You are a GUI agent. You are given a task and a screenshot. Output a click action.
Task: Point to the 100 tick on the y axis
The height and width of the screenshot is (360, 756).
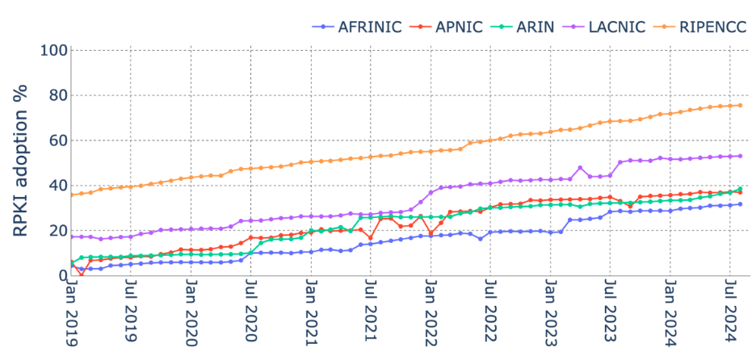[52, 50]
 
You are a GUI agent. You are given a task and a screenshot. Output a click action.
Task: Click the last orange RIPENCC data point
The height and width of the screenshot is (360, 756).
[740, 105]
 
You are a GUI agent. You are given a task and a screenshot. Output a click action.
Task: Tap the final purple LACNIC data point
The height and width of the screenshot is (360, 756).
[740, 156]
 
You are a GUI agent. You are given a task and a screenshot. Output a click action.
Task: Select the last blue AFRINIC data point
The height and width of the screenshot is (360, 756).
[740, 204]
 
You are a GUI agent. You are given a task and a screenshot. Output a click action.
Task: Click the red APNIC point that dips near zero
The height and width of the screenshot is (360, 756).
[81, 275]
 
